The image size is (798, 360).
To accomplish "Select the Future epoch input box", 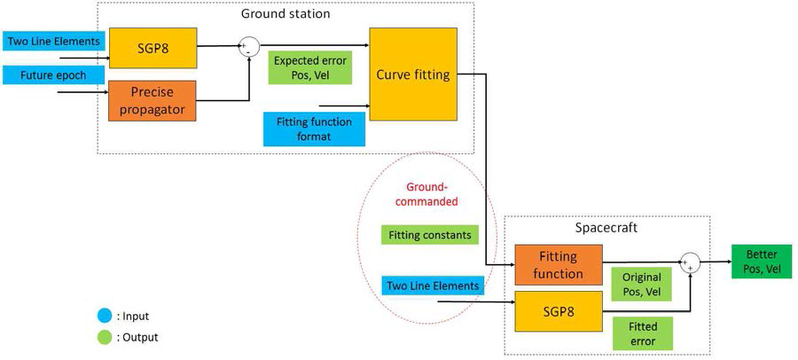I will (x=55, y=75).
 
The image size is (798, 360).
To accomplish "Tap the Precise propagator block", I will (x=152, y=100).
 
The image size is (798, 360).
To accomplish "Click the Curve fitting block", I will (x=413, y=74).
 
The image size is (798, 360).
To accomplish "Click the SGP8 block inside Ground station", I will (x=152, y=48).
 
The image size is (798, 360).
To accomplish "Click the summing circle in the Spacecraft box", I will (x=690, y=262).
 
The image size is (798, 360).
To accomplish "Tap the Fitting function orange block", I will (x=558, y=265).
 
